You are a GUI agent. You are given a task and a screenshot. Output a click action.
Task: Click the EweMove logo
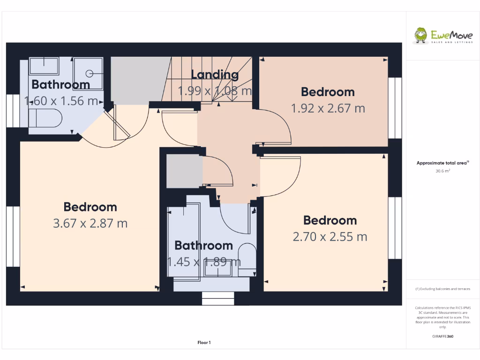click(x=443, y=36)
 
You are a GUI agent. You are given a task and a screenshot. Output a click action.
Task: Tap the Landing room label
click(x=215, y=74)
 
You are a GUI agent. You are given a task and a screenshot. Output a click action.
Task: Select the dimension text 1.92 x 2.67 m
click(x=328, y=108)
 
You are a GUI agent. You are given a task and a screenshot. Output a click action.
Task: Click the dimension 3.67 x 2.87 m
click(x=90, y=223)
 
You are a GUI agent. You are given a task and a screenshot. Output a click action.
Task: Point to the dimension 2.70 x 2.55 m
click(x=330, y=237)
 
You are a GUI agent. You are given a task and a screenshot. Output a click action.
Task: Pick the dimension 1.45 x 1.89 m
click(x=204, y=262)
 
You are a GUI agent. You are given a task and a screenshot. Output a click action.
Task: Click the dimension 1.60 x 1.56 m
click(x=61, y=100)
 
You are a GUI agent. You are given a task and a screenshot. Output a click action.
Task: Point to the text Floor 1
click(x=204, y=343)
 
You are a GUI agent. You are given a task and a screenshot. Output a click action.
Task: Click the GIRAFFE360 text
click(x=443, y=336)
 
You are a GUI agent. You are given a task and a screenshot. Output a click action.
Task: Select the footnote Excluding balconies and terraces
click(x=443, y=289)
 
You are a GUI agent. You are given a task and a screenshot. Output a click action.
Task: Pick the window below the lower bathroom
click(x=218, y=298)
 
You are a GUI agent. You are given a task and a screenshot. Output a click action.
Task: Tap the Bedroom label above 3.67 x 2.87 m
click(x=90, y=207)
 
